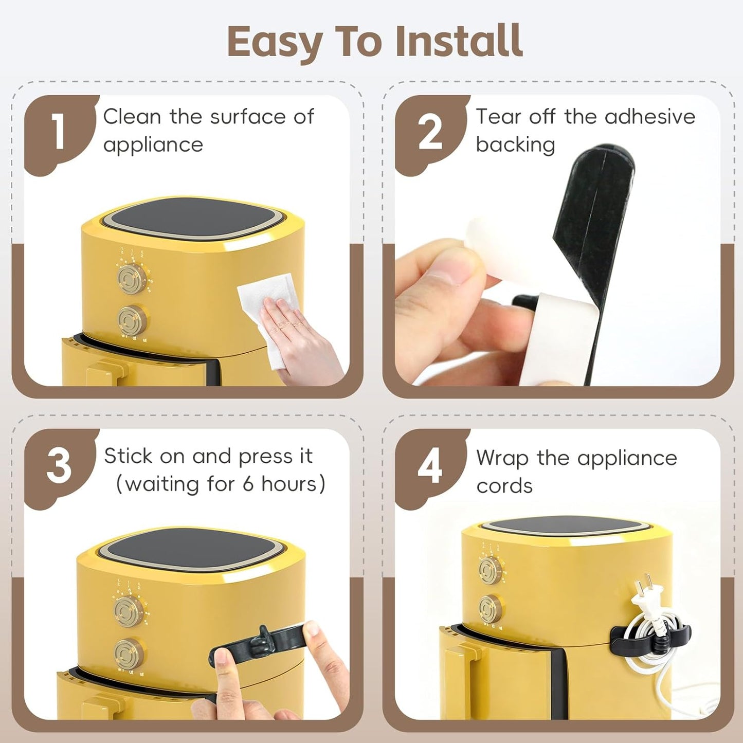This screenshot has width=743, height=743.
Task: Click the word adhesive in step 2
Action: (650, 116)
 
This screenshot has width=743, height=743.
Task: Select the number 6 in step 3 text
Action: (248, 483)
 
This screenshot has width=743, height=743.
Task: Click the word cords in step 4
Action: (504, 486)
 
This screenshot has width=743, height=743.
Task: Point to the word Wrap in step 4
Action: (502, 459)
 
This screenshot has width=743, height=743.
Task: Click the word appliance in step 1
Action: (153, 146)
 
